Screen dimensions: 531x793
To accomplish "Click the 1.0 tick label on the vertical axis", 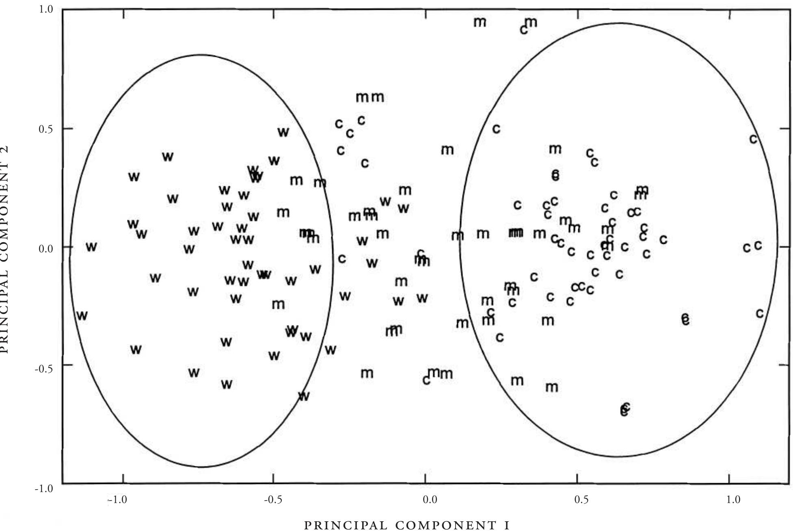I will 46,9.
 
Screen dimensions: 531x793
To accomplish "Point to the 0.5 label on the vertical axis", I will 46,129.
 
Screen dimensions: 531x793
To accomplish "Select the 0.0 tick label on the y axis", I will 46,248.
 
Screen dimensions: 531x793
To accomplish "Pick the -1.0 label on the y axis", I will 44,488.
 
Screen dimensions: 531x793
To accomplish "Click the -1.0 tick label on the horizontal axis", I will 118,499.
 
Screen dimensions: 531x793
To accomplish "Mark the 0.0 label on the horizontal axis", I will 430,499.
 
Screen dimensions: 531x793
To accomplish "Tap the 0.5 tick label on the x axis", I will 581,499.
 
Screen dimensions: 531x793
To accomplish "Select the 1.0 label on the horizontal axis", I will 733,499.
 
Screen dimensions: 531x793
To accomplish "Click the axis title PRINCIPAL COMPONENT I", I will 406,525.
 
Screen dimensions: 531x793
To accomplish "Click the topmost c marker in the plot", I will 524,30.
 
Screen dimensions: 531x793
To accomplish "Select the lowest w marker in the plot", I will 304,396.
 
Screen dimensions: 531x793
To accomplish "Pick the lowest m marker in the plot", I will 551,387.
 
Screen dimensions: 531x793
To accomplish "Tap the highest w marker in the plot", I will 283,132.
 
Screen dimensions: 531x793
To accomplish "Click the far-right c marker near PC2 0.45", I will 753,139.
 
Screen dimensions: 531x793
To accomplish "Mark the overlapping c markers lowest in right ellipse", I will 625,409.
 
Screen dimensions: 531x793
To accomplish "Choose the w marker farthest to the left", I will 82,315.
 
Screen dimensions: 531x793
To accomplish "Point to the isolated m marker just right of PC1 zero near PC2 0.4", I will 447,150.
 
